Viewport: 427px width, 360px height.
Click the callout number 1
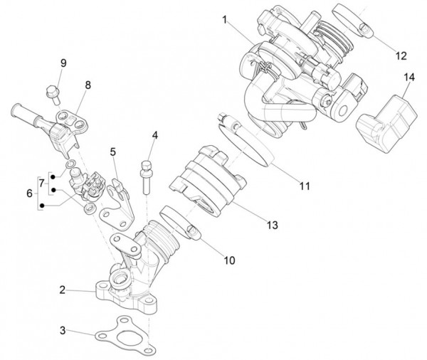tap(225, 21)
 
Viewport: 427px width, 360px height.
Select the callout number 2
tap(63, 290)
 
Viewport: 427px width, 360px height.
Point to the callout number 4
tap(154, 134)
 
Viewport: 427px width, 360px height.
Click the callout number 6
tap(29, 193)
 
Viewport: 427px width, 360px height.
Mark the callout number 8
tap(88, 85)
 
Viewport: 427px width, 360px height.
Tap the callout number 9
tap(63, 63)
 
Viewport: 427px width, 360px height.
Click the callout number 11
tap(305, 186)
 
